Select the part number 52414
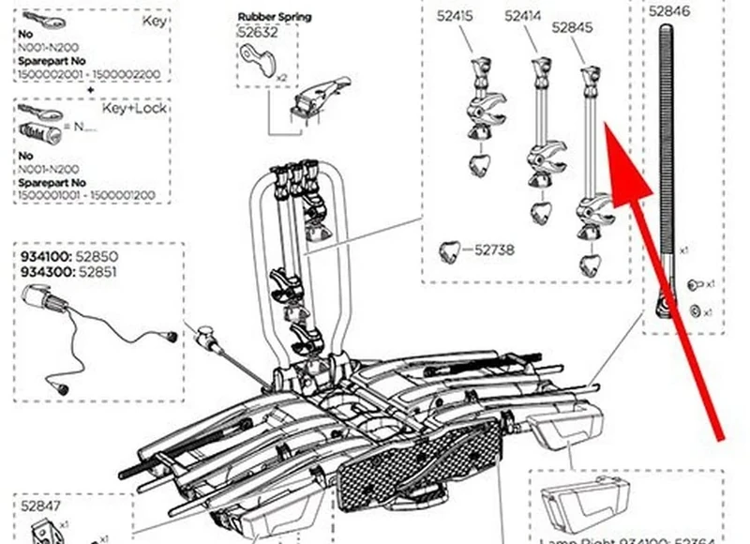[523, 16]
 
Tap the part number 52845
[573, 28]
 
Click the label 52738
[494, 250]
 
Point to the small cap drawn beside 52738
[453, 250]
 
